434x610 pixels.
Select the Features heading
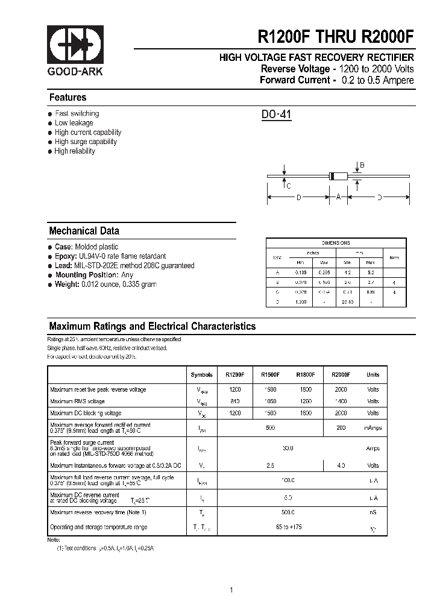click(68, 98)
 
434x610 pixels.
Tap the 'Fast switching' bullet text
click(77, 113)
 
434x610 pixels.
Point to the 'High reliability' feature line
click(75, 151)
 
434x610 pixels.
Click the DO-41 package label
click(277, 115)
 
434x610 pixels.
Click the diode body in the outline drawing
click(339, 176)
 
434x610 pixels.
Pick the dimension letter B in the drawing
click(362, 165)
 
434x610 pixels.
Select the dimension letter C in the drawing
click(289, 186)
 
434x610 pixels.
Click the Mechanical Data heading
click(84, 231)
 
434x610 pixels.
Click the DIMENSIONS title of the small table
click(336, 243)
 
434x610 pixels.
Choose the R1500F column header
click(269, 375)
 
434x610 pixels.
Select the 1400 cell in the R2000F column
click(341, 401)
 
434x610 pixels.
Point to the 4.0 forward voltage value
click(341, 465)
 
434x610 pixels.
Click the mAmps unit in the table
click(373, 428)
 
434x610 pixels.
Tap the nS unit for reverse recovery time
click(373, 512)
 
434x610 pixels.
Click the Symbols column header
click(201, 375)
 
